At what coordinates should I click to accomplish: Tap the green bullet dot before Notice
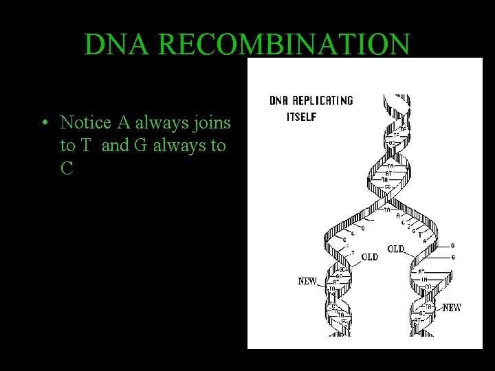tap(43, 124)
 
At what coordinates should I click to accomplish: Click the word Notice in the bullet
tap(87, 123)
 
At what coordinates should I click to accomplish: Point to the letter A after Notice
tap(124, 123)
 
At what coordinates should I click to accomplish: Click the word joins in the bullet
tap(214, 123)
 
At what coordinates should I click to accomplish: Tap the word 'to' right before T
tap(68, 146)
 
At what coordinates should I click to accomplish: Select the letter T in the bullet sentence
tap(87, 146)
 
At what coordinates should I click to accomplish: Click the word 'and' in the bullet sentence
tap(114, 146)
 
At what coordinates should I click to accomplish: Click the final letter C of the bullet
tap(67, 168)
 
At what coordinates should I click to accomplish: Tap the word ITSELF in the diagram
tap(301, 117)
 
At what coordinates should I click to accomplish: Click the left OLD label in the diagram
tap(369, 257)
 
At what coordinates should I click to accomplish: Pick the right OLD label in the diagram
tap(396, 249)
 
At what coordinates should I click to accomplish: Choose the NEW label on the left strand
tap(307, 281)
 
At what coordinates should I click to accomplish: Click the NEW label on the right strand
tap(452, 308)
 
